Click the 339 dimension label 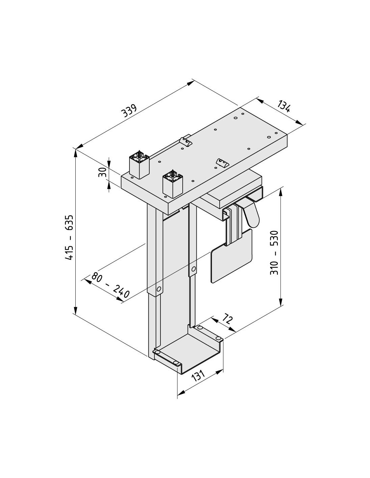(129, 111)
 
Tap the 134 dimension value (284, 106)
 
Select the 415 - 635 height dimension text (69, 237)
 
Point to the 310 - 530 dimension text (274, 252)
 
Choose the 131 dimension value (198, 375)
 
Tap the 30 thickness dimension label (102, 172)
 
